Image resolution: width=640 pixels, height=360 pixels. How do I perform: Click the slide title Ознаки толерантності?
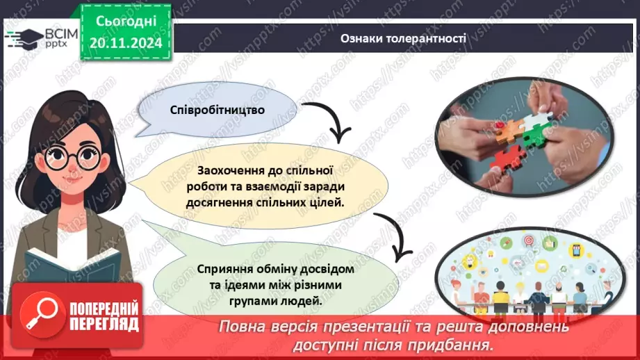coord(403,38)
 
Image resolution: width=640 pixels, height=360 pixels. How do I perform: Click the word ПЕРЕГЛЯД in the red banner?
coord(104,324)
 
